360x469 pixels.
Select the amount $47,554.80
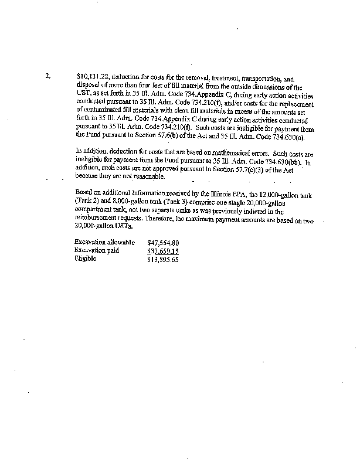pyautogui.click(x=164, y=242)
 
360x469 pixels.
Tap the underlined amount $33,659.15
pyautogui.click(x=164, y=250)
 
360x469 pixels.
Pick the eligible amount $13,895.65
pyautogui.click(x=164, y=259)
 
